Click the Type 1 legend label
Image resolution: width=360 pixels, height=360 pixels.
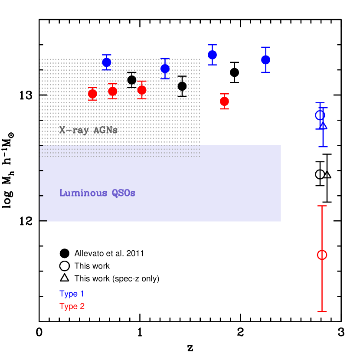pyautogui.click(x=72, y=294)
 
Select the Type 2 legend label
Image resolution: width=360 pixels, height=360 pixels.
pyautogui.click(x=72, y=307)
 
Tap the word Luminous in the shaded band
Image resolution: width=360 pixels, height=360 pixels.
pyautogui.click(x=77, y=193)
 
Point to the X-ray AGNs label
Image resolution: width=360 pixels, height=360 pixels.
pyautogui.click(x=88, y=130)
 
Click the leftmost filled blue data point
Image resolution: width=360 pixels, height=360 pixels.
pyautogui.click(x=107, y=62)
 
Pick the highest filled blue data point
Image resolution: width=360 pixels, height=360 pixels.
pyautogui.click(x=212, y=55)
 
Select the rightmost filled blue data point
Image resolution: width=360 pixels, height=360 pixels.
pyautogui.click(x=266, y=59)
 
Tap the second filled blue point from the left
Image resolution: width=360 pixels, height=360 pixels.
pyautogui.click(x=165, y=69)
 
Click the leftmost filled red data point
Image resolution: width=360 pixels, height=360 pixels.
pyautogui.click(x=92, y=94)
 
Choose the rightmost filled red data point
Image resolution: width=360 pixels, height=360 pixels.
pyautogui.click(x=224, y=101)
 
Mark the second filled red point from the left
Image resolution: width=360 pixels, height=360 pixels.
pyautogui.click(x=113, y=91)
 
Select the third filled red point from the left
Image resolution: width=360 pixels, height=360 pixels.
pyautogui.click(x=142, y=90)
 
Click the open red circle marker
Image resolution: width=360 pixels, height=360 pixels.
pyautogui.click(x=322, y=255)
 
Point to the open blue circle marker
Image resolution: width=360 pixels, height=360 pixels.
pyautogui.click(x=320, y=115)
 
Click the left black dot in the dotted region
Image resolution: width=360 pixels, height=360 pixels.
pyautogui.click(x=131, y=79)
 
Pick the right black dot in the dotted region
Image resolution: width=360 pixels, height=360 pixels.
pyautogui.click(x=183, y=86)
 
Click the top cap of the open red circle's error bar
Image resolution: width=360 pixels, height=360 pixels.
pyautogui.click(x=322, y=206)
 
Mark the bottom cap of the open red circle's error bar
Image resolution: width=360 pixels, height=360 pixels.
pyautogui.click(x=322, y=311)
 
